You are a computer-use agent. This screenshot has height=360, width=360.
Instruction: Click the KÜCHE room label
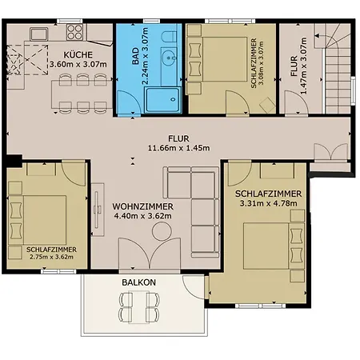coord(78,54)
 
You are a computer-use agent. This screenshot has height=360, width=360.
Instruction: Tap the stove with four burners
coord(74,32)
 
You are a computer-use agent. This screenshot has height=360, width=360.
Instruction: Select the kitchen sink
coord(39,34)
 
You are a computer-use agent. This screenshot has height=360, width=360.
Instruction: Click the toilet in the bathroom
coord(170,36)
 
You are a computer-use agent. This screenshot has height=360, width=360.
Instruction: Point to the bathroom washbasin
coord(169,57)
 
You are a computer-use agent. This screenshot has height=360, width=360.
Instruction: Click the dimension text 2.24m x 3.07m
coord(145,56)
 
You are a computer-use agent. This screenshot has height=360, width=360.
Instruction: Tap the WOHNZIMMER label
coord(142,206)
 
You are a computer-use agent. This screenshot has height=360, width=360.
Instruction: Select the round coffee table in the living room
coord(162,231)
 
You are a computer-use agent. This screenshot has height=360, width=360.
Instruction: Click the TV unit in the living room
coord(98,210)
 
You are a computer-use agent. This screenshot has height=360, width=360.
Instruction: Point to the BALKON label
coord(138,282)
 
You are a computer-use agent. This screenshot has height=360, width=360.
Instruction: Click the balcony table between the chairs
coord(138,307)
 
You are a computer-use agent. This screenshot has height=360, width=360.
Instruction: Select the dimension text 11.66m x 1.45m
coord(178,148)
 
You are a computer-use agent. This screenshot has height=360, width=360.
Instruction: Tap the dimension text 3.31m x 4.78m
coord(268,203)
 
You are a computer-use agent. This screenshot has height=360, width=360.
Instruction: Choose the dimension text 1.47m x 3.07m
coord(304,66)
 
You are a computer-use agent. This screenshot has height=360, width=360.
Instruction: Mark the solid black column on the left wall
coord(14,161)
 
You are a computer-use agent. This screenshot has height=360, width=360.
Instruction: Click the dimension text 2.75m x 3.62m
coord(51,257)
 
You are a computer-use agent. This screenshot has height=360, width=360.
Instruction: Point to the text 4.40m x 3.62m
coord(142,216)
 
